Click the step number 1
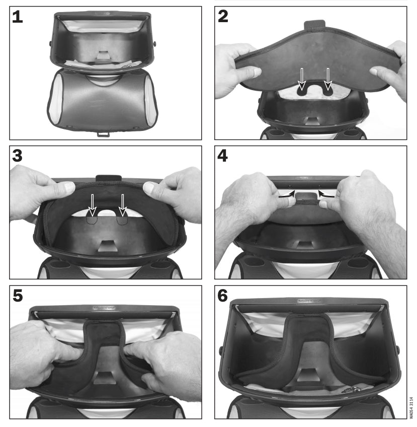pyautogui.click(x=18, y=17)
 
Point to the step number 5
pyautogui.click(x=18, y=296)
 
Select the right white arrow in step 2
pyautogui.click(x=328, y=78)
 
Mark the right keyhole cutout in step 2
pyautogui.click(x=328, y=90)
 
